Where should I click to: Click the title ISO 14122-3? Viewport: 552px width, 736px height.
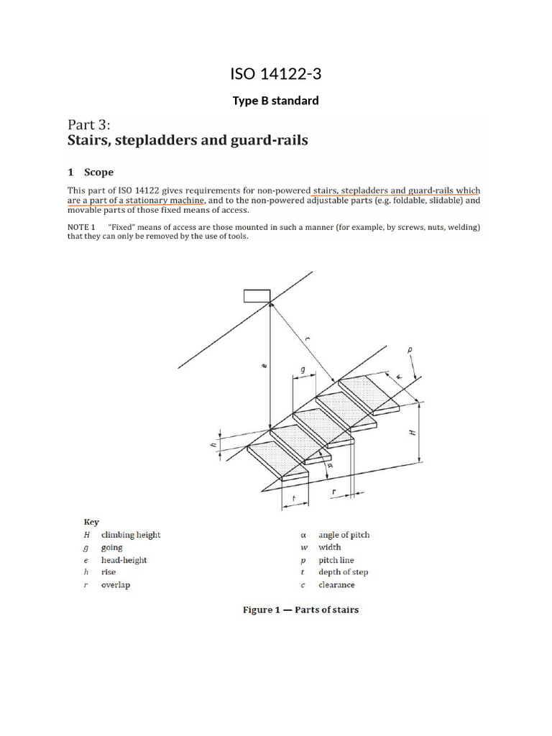coord(275,73)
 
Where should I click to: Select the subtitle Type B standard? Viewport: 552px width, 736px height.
coord(275,101)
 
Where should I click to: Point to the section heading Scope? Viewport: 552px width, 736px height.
coord(98,172)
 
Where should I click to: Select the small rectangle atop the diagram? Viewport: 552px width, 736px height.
coord(257,295)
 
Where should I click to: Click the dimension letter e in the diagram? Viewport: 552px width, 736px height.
coord(264,367)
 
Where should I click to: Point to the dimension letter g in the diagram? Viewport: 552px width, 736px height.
coord(303,368)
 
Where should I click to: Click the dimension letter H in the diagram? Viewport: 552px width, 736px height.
coord(413,433)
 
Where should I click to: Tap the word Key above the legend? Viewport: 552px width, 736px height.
coord(91,523)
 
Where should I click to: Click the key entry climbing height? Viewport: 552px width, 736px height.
coord(131,535)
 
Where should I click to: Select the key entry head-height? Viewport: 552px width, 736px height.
coord(124,560)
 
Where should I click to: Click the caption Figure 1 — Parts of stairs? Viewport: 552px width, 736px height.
coord(300,610)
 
